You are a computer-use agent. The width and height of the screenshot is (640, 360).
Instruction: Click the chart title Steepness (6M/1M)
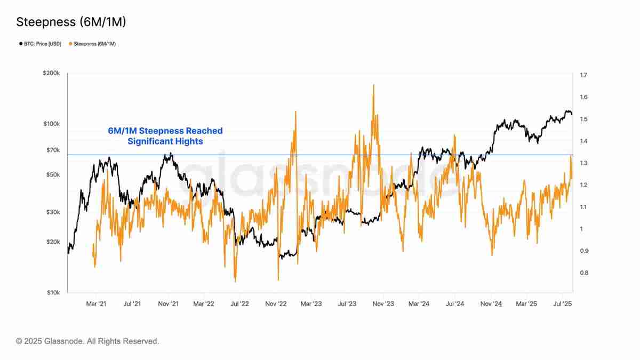(x=71, y=22)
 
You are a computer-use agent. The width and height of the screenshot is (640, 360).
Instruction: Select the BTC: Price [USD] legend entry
(x=43, y=44)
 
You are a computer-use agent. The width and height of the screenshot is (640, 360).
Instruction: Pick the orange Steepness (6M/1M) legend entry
(x=94, y=44)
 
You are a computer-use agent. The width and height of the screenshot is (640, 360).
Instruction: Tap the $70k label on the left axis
(x=52, y=150)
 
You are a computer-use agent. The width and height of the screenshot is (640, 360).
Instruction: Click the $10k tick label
(x=52, y=293)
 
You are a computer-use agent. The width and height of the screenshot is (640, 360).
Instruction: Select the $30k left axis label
(x=52, y=212)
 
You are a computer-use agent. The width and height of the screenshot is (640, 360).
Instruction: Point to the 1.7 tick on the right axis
(x=583, y=75)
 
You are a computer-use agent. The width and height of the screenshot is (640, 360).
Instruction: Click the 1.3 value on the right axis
(x=583, y=163)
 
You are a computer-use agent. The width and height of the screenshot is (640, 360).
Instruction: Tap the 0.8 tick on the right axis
(x=583, y=273)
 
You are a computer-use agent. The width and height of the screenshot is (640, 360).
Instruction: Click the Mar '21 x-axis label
(x=96, y=303)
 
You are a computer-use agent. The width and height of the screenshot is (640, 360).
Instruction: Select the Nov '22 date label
(x=276, y=303)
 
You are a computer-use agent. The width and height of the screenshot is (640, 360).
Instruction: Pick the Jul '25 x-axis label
(x=563, y=303)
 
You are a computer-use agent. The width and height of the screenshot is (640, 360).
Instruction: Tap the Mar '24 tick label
(x=419, y=303)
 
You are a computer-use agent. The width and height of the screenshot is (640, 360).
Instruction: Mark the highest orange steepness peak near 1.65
(x=373, y=85)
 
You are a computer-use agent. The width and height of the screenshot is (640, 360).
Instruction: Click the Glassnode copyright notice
(x=87, y=341)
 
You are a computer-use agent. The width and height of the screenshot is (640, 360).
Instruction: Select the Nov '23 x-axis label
(x=383, y=303)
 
